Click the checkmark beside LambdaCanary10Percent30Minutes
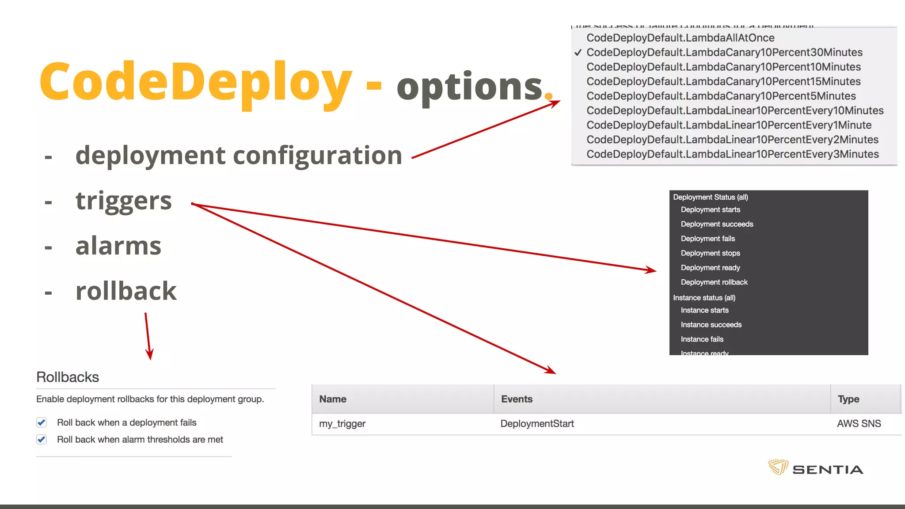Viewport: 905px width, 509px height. [x=578, y=53]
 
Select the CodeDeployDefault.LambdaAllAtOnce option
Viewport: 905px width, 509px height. [x=680, y=38]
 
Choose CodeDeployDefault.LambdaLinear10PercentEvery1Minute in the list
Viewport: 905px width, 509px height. [x=729, y=125]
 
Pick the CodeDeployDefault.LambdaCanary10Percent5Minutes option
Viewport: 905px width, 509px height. [x=721, y=96]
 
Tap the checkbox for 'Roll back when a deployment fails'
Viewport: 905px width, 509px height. [x=42, y=422]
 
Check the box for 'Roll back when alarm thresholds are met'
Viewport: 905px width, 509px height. [x=42, y=439]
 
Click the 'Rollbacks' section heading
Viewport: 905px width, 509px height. [x=68, y=377]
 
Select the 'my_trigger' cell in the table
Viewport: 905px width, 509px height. [x=342, y=424]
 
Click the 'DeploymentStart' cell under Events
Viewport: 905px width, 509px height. [x=537, y=424]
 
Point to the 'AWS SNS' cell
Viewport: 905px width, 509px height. [x=859, y=424]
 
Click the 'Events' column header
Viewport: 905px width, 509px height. [x=517, y=399]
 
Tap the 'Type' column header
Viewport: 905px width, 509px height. [x=848, y=399]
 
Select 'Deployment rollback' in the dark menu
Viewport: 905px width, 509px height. [x=714, y=282]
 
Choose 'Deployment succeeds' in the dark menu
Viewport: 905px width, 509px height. [x=717, y=224]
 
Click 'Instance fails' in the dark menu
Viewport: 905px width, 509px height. [x=702, y=339]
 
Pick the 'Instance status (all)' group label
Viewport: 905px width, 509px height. [x=704, y=297]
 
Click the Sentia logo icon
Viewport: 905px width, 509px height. [x=778, y=467]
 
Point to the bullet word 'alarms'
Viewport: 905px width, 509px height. [x=118, y=246]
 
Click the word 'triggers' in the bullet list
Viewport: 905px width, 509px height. [x=123, y=201]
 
